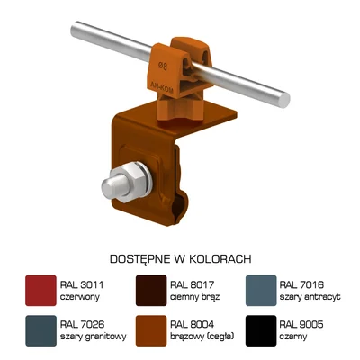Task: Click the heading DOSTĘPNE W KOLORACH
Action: tap(180, 256)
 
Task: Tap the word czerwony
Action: tap(79, 295)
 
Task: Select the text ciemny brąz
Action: tap(194, 295)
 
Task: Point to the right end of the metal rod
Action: tap(286, 95)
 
